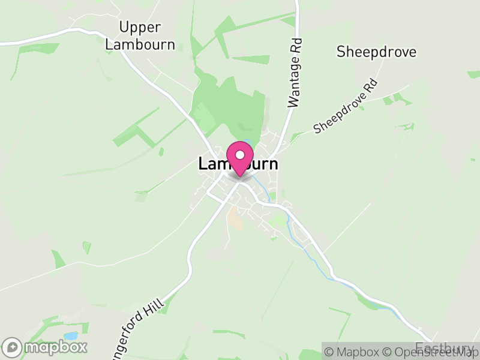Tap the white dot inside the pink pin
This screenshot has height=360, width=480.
(240, 154)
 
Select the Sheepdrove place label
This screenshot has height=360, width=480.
(376, 52)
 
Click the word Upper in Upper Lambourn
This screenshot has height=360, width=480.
(141, 27)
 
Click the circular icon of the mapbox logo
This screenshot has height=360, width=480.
(13, 347)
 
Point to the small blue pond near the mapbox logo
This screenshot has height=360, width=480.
(71, 336)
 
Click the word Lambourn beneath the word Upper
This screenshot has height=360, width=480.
(147, 44)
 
